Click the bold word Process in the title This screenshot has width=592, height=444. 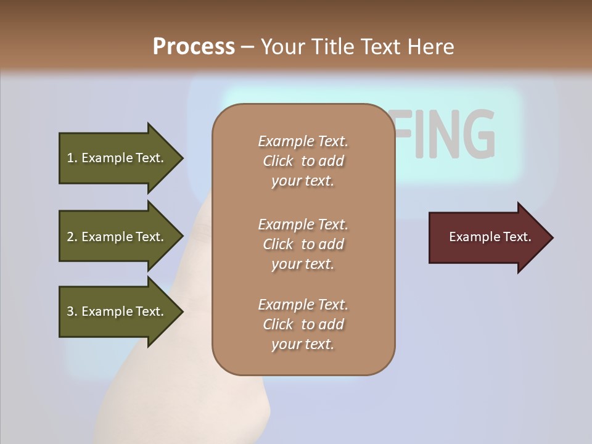click(194, 47)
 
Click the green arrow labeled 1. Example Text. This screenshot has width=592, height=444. click(117, 158)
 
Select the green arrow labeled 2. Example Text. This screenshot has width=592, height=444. click(117, 237)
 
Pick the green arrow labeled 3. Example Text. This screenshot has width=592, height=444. click(117, 311)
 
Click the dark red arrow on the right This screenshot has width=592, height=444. click(487, 237)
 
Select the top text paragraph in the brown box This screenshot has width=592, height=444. click(303, 161)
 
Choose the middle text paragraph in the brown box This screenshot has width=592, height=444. click(303, 244)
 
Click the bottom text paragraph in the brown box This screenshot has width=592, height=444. click(303, 324)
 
